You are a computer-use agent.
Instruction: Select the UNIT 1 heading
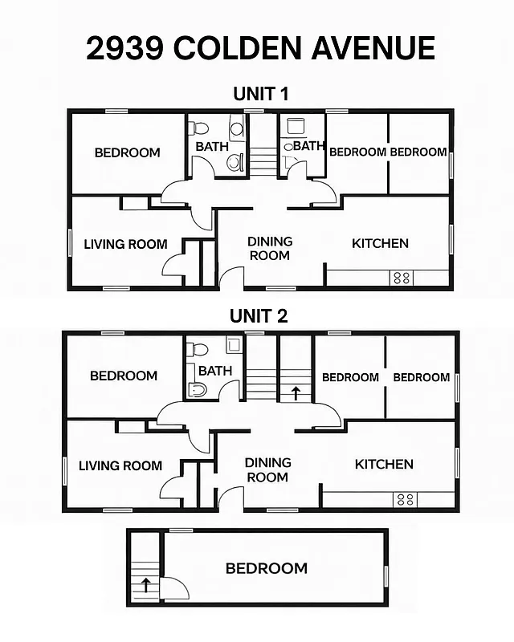tap(260, 94)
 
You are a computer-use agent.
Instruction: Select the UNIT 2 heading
tap(259, 316)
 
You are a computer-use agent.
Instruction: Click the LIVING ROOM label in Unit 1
tap(126, 244)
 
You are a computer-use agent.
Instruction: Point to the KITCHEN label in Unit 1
tap(380, 243)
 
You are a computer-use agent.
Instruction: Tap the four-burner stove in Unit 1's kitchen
tap(402, 278)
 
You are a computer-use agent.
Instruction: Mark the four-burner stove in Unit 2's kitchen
tap(405, 500)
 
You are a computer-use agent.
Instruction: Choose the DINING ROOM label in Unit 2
tap(267, 469)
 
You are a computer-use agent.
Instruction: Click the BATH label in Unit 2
tap(215, 371)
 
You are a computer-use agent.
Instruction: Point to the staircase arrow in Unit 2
tap(296, 392)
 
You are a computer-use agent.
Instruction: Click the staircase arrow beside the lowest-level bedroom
tap(145, 584)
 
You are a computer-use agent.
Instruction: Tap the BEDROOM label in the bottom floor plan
tap(266, 568)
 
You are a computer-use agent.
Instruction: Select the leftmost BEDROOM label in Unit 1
tap(127, 152)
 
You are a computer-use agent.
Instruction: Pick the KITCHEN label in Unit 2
tap(384, 464)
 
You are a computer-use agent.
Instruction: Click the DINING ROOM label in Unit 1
tap(270, 248)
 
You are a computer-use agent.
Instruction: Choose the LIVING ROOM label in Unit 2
tap(120, 465)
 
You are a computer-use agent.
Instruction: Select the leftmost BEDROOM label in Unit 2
tap(124, 376)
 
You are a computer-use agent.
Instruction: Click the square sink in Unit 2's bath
tap(233, 346)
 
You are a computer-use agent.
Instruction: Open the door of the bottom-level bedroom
tap(175, 590)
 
